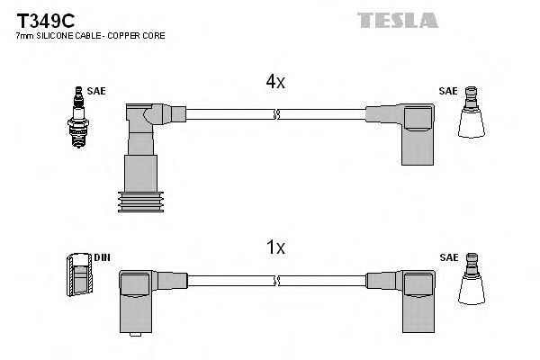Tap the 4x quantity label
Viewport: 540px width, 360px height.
pyautogui.click(x=275, y=82)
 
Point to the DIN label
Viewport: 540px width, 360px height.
pyautogui.click(x=102, y=256)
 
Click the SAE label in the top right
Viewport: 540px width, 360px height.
pyautogui.click(x=447, y=92)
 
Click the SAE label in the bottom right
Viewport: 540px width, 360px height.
pyautogui.click(x=447, y=256)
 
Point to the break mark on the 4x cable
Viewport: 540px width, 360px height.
pyautogui.click(x=276, y=114)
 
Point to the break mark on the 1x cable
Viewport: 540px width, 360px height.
pyautogui.click(x=276, y=280)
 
